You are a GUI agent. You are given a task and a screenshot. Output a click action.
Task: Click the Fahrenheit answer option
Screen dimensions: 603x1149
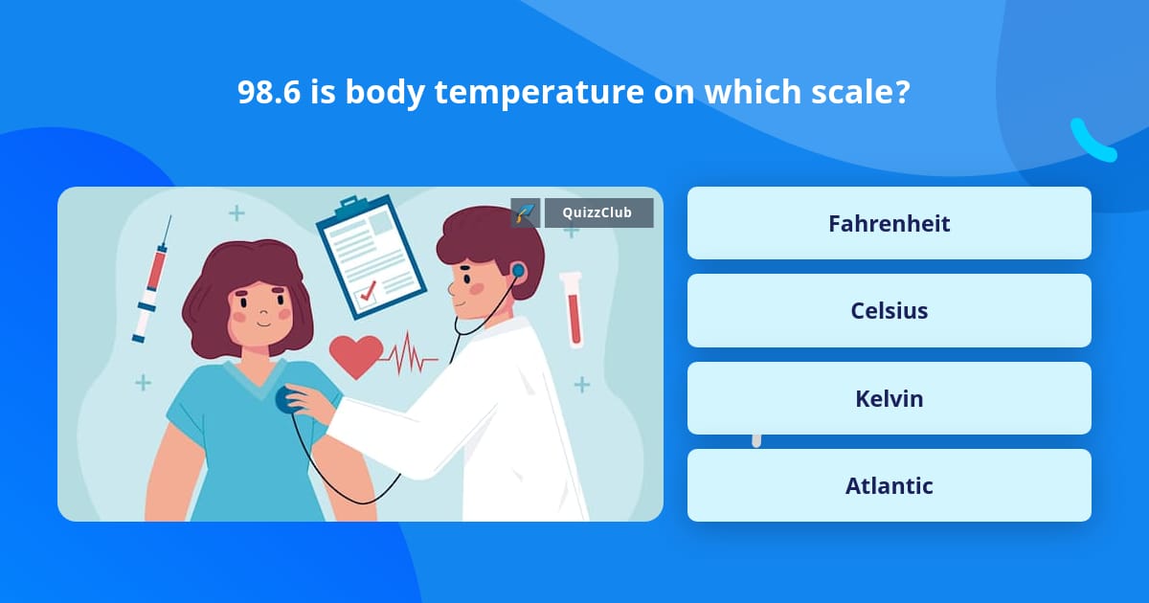(889, 223)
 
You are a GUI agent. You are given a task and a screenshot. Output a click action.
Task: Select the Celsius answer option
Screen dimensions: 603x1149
(889, 311)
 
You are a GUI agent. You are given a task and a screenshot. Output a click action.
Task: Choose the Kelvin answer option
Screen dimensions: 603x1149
(889, 398)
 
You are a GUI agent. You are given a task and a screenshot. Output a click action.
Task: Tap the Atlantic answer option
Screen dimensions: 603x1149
(889, 485)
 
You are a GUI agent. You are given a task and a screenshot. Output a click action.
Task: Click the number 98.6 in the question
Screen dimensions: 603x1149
(268, 93)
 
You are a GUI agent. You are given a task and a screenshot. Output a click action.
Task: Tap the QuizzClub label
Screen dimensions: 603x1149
(598, 212)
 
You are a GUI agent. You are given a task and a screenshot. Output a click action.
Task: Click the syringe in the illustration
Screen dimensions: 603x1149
(152, 278)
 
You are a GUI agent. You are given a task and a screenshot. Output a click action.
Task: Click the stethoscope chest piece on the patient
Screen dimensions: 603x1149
(286, 399)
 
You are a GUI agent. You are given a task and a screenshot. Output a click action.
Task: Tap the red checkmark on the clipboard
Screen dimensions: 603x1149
(367, 295)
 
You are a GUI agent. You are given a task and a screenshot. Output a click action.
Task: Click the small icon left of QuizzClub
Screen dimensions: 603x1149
(525, 212)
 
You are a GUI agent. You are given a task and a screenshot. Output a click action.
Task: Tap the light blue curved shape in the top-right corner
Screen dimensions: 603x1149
(1093, 141)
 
